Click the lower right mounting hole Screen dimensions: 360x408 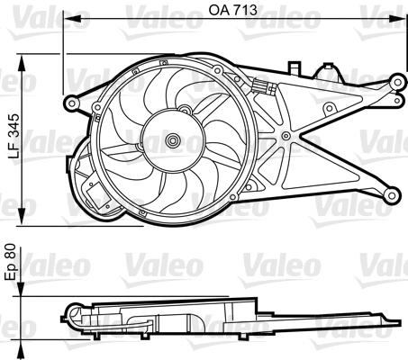[392, 193]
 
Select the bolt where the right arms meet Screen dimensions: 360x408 [286, 136]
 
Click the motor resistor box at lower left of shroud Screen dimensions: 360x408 [94, 193]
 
